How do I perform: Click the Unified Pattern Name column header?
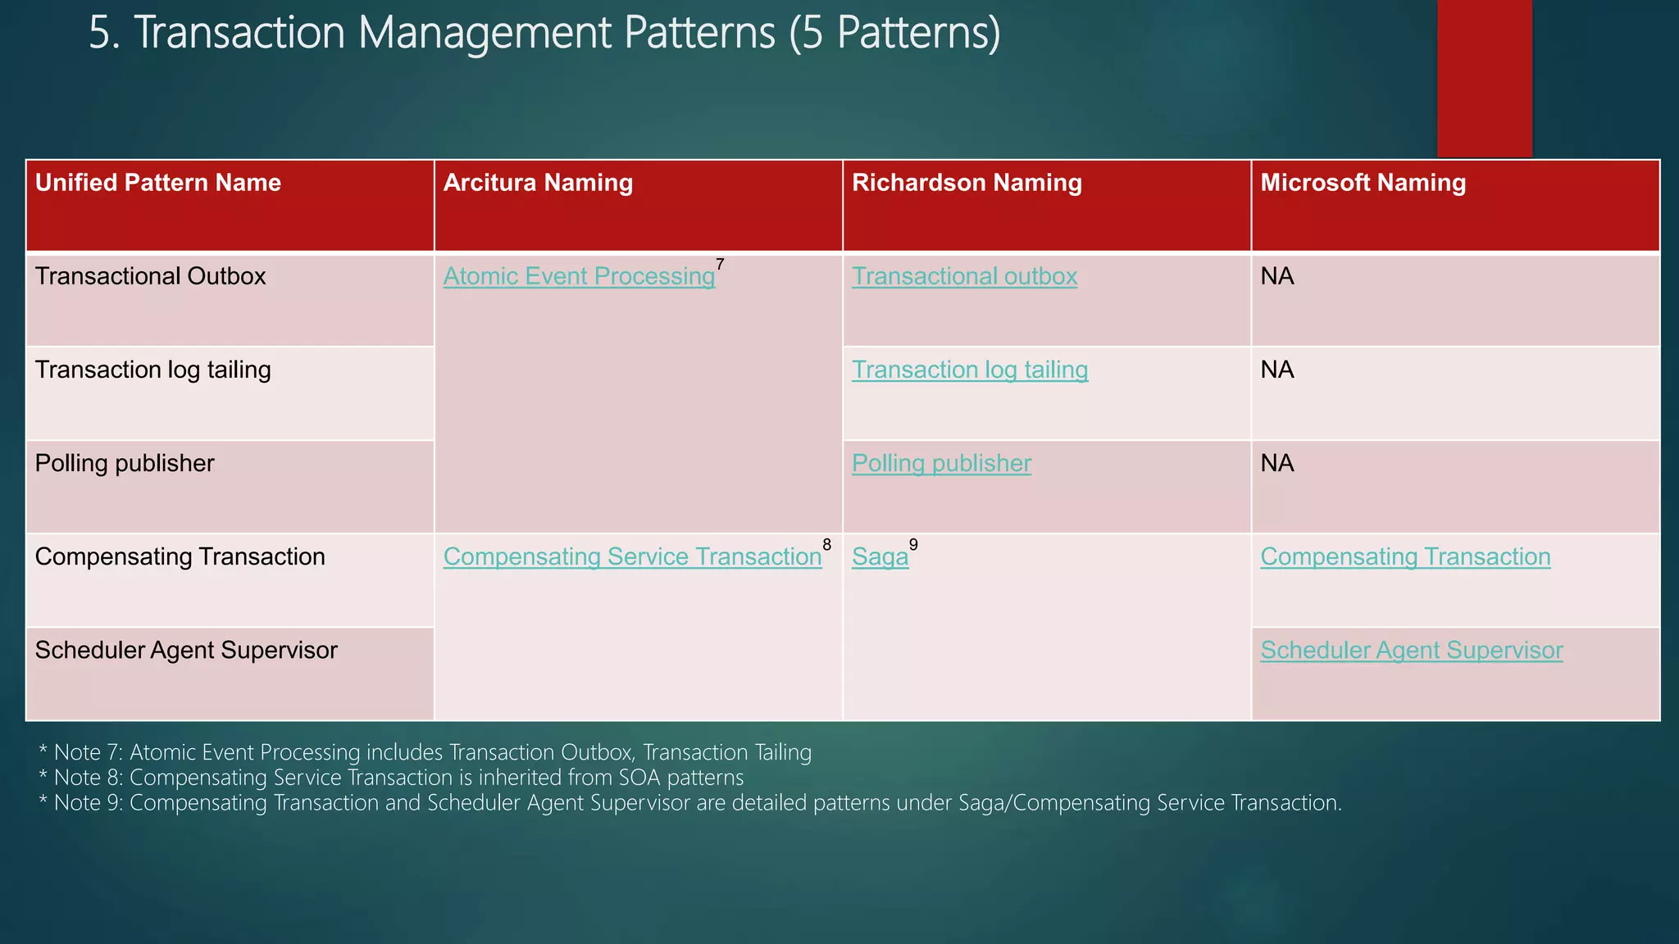pos(158,183)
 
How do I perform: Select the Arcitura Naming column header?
pos(538,183)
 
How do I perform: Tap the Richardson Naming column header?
pos(967,183)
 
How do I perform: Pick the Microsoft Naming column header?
pos(1363,183)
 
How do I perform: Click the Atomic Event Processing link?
pos(579,277)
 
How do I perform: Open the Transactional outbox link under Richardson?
pos(964,277)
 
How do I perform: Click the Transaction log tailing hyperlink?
pos(970,370)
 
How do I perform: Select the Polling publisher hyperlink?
pos(941,464)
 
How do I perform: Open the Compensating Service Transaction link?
pos(632,557)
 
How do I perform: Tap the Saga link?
pos(880,557)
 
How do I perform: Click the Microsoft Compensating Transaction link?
pos(1405,557)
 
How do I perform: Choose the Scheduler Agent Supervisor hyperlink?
pos(1411,651)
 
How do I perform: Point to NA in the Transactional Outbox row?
pos(1277,277)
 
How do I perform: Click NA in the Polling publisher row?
pos(1277,464)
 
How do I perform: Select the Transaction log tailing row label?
pos(152,370)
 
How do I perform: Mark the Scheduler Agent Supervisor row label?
pos(186,651)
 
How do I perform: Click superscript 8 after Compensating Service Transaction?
pos(826,545)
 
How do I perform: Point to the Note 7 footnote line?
pos(425,752)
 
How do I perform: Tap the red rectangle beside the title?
pos(1484,78)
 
